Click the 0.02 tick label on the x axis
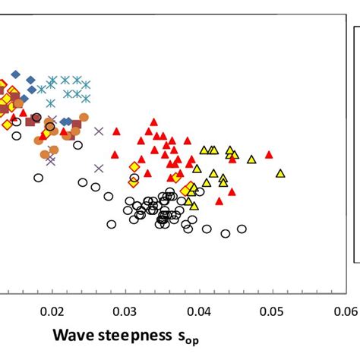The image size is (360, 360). (52, 311)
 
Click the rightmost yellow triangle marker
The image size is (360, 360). (280, 173)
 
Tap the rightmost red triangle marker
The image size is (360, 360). (269, 154)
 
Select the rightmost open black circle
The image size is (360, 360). (242, 229)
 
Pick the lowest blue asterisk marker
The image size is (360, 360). (51, 103)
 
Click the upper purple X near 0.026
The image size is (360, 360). (99, 131)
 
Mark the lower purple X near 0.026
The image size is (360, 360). (99, 168)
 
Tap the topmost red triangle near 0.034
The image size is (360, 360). (153, 122)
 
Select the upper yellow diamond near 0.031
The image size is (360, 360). (134, 166)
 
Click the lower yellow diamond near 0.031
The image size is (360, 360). (134, 182)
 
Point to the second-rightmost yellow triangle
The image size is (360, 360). (251, 159)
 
